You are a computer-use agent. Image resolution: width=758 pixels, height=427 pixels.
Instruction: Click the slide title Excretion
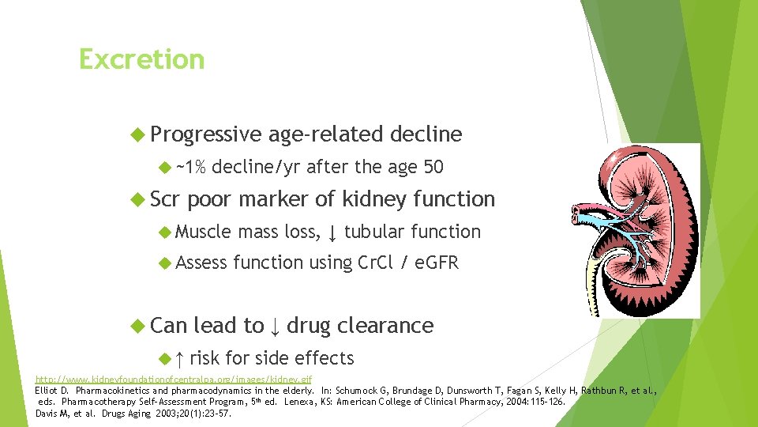click(141, 59)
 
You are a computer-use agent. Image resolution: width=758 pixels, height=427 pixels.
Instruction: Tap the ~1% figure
click(191, 168)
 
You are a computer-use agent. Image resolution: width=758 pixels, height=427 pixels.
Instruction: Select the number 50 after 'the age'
click(433, 168)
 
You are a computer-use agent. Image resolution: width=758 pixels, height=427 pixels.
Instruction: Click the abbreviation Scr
click(165, 199)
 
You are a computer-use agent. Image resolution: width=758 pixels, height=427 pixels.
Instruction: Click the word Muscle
click(204, 232)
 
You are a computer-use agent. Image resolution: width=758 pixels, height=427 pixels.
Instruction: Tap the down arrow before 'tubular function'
click(332, 232)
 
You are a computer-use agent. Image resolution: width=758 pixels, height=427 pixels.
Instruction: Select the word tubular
click(374, 232)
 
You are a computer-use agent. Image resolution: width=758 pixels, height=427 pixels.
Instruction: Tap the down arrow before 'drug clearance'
click(274, 326)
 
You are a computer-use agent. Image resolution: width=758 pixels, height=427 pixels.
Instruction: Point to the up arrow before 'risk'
click(178, 358)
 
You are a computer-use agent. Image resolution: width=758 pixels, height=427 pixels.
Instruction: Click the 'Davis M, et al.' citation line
click(134, 413)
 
